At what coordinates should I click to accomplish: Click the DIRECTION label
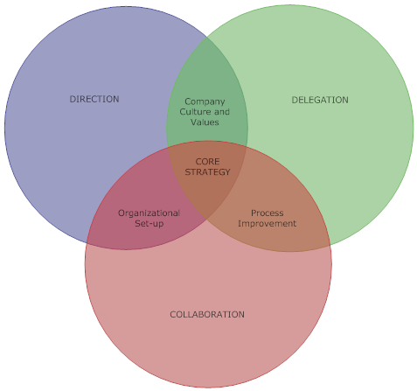point(94,99)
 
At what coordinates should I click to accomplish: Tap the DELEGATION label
point(320,100)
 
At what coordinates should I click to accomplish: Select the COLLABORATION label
point(207,314)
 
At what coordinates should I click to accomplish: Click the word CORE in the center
point(207,162)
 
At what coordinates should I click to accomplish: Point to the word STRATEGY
point(207,172)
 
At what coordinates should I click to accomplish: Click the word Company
point(205,102)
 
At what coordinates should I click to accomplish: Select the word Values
point(205,122)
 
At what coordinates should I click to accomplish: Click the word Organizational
point(149,213)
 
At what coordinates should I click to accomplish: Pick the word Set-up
point(149,224)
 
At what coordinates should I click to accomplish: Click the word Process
point(268,213)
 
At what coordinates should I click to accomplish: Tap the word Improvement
point(268,224)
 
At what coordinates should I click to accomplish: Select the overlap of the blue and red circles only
point(140,216)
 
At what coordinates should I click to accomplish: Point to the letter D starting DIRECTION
point(73,99)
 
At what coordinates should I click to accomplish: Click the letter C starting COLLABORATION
point(173,314)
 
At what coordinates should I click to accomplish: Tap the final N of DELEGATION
point(345,100)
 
